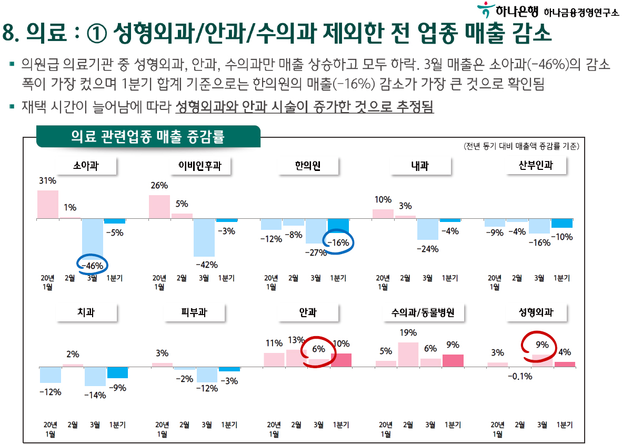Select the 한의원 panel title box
[308, 166]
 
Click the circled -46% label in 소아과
[92, 266]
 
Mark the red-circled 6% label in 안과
[318, 349]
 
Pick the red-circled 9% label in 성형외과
[542, 345]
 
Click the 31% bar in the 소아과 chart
[47, 204]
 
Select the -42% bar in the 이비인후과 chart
[204, 237]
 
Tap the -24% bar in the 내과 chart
[428, 229]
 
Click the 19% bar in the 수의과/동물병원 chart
[408, 354]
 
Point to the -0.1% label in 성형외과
[519, 377]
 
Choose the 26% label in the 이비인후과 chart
[159, 185]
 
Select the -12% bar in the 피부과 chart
[207, 375]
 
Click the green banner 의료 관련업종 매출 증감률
[148, 137]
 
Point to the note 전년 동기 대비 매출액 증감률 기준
[521, 146]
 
